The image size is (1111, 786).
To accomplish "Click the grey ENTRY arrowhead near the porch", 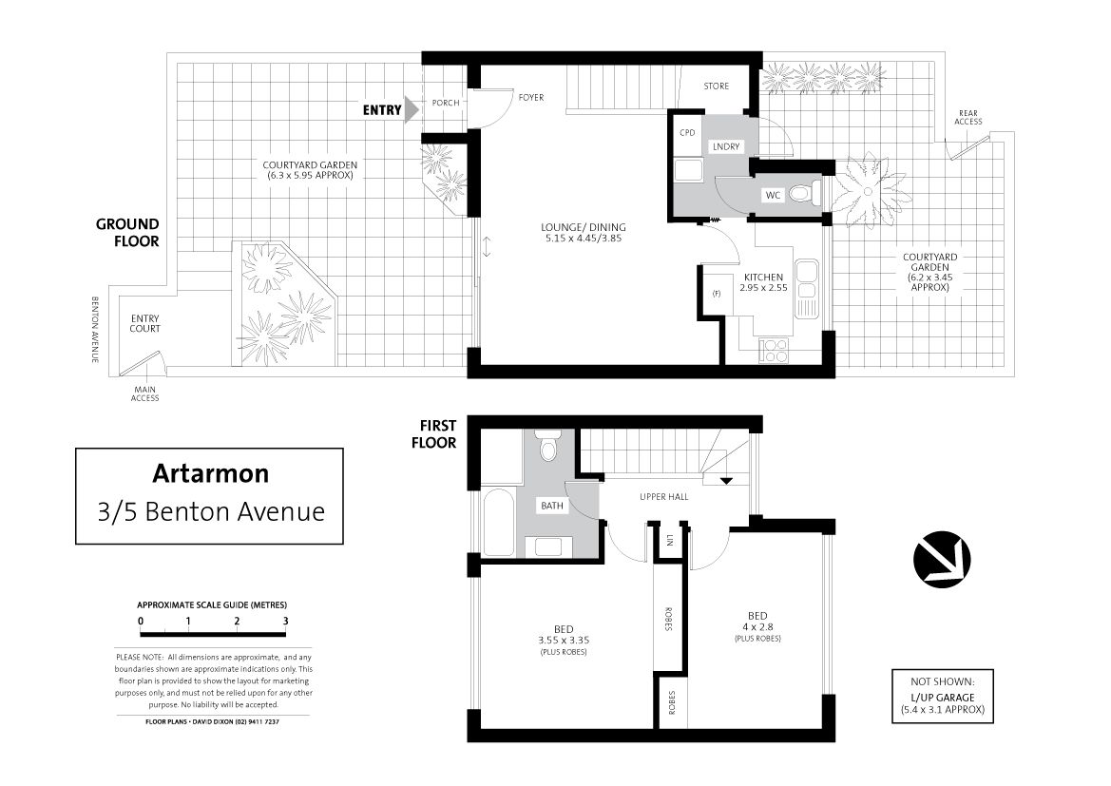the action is tap(411, 110).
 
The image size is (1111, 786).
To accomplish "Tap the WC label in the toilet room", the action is tap(773, 195).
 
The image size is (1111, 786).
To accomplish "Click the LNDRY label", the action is tap(726, 146).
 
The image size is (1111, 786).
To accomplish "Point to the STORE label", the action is tap(717, 86).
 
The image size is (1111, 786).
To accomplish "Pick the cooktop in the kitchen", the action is tap(774, 349).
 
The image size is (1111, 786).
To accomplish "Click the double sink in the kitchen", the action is tap(807, 280).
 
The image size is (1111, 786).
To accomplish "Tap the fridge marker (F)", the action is tap(717, 294).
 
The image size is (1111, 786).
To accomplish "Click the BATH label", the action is tap(552, 506).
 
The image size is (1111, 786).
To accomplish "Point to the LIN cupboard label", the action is tap(669, 541).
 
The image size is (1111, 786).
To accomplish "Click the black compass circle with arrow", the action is tap(942, 559).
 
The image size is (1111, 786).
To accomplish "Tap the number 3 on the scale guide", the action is tap(285, 621).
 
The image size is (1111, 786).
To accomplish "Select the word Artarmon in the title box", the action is tap(210, 473).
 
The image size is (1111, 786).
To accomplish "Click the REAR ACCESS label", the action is tap(967, 118).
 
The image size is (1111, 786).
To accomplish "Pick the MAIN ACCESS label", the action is tap(144, 393).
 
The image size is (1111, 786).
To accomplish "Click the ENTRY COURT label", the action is tap(144, 323).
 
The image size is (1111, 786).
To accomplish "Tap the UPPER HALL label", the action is tap(664, 497).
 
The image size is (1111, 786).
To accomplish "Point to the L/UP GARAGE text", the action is tap(943, 698).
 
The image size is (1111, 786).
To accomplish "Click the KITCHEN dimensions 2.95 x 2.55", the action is tap(763, 288).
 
